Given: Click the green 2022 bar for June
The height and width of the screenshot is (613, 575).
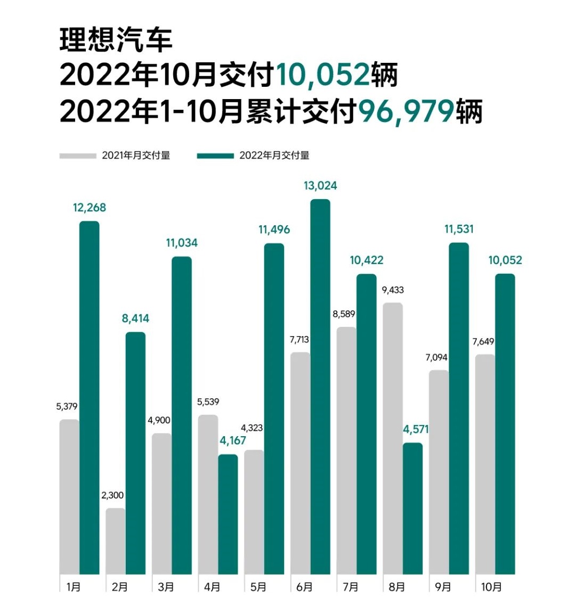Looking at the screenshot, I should (320, 387).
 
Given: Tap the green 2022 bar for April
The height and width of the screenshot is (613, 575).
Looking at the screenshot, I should (228, 514).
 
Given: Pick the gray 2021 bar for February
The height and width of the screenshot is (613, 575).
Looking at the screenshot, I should (116, 541).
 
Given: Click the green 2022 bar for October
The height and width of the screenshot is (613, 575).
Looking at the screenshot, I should (505, 424).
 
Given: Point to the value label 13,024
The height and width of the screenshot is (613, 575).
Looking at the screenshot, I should (320, 186).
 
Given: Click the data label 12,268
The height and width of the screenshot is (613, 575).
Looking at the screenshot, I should (90, 208).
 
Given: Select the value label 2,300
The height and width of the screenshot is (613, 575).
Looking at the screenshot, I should (112, 495).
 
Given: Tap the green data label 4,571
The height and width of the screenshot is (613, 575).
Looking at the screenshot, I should (416, 429).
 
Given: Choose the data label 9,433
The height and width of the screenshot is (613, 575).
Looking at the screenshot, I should (393, 290).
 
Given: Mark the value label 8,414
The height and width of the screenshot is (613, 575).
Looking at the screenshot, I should (135, 318).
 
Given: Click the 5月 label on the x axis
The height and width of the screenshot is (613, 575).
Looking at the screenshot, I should (258, 587).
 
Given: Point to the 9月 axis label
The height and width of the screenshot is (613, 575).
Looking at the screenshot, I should (443, 587).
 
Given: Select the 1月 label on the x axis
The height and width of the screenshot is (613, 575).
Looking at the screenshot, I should (74, 587).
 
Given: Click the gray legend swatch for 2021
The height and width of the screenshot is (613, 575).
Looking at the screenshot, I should (77, 156).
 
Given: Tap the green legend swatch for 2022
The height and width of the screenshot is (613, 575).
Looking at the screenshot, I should (215, 156).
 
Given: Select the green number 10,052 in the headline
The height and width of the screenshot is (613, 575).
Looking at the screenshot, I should (322, 75).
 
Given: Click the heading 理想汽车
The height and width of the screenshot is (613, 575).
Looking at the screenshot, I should (116, 40).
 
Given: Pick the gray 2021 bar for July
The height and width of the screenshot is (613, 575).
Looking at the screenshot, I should (346, 451).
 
